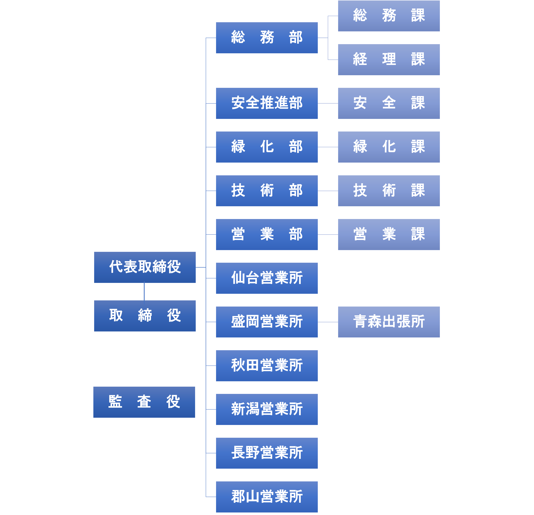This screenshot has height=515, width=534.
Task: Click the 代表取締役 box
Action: point(145,267)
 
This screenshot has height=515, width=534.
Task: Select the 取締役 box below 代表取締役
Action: point(145,316)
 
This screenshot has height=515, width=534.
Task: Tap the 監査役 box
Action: point(144,402)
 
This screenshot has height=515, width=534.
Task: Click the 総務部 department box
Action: point(267,38)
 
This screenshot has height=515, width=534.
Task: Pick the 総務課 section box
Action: point(389,16)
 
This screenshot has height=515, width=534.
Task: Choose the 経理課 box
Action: point(389,60)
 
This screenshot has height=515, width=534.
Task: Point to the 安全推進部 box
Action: point(267,103)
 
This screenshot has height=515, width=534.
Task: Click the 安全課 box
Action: point(389,103)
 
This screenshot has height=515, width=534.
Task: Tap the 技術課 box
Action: point(389,191)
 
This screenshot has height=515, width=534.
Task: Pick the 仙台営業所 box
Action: point(267,278)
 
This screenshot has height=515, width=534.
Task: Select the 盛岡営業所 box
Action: point(267,322)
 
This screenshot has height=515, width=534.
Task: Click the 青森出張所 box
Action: point(389,322)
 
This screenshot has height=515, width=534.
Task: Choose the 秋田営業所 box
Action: point(267,366)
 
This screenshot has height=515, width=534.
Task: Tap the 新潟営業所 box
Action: point(267,409)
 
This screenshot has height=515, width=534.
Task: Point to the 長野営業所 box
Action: point(267,453)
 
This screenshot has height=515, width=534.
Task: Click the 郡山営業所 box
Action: point(267,497)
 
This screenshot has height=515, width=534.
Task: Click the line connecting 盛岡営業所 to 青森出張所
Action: point(328,322)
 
